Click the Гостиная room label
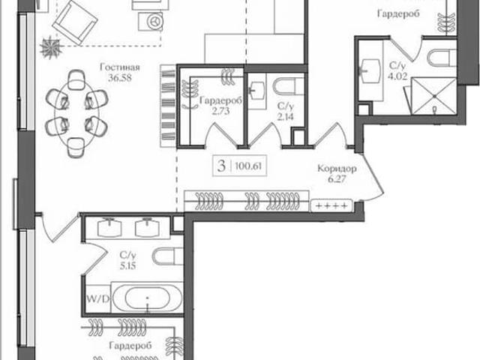pos(120,67)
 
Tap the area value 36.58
pos(120,78)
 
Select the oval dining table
pos(76,114)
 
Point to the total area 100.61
pos(248,166)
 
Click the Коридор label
pos(337,168)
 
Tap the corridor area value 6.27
pos(337,178)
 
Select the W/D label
pos(97,299)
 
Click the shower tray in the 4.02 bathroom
pos(433,96)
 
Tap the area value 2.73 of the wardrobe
pos(221,111)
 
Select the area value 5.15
pos(128,265)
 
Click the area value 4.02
pos(397,76)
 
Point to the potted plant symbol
pos(50,47)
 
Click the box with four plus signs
pos(331,205)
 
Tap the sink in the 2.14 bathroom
pos(256,91)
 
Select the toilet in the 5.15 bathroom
pos(167,256)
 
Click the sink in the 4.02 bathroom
pos(371,71)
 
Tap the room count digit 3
pos(221,166)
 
